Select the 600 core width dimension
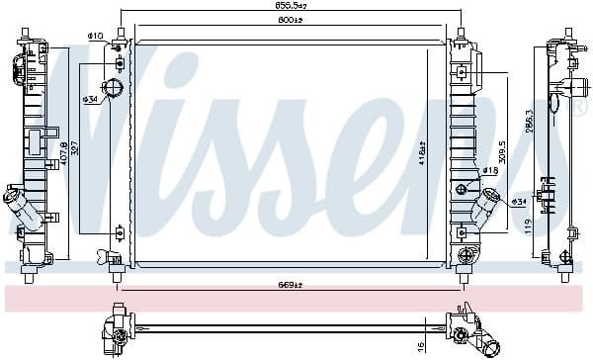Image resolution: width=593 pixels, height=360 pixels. [x=289, y=20]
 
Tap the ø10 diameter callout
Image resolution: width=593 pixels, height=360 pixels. [x=96, y=37]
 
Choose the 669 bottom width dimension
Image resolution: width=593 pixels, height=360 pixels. [x=289, y=287]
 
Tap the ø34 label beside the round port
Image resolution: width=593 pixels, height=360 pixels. [x=91, y=99]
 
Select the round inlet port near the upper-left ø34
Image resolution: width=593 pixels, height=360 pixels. [x=113, y=90]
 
